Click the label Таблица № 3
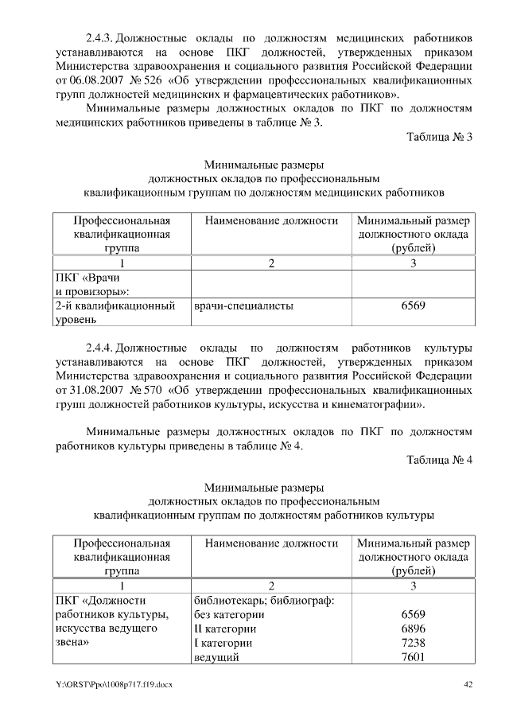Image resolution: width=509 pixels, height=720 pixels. (x=440, y=137)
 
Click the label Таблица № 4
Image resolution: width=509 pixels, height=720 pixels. (x=440, y=461)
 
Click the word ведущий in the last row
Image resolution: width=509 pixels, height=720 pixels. (x=216, y=657)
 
